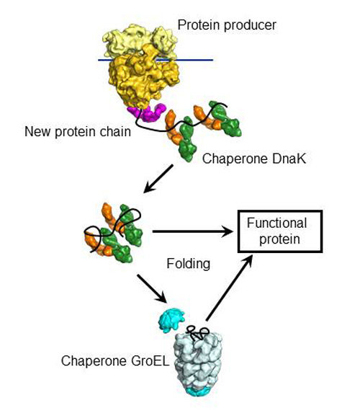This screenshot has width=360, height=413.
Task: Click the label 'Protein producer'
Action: (227, 25)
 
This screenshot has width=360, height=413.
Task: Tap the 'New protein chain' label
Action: (78, 131)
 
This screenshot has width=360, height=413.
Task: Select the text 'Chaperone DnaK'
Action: (254, 159)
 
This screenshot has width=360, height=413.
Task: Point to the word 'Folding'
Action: (189, 264)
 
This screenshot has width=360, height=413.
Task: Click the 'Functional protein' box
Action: (280, 231)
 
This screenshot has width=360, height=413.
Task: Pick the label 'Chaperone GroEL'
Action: (115, 360)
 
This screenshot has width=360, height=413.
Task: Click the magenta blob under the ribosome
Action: (147, 112)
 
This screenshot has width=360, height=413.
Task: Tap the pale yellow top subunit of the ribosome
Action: (140, 41)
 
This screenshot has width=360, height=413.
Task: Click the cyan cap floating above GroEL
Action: (171, 320)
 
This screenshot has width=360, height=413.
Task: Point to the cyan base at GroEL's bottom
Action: (197, 391)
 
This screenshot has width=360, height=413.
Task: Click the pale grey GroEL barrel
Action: (198, 361)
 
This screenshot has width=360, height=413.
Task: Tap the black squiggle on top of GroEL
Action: (197, 333)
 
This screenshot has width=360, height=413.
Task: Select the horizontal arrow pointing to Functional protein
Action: (193, 231)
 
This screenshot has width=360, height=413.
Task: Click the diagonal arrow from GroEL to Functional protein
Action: (229, 288)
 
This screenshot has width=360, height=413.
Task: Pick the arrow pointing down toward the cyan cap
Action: (152, 289)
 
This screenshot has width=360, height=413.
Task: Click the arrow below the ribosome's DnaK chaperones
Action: (158, 179)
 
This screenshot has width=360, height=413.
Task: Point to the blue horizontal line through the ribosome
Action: (156, 60)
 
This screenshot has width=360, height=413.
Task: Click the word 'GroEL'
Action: (150, 360)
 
